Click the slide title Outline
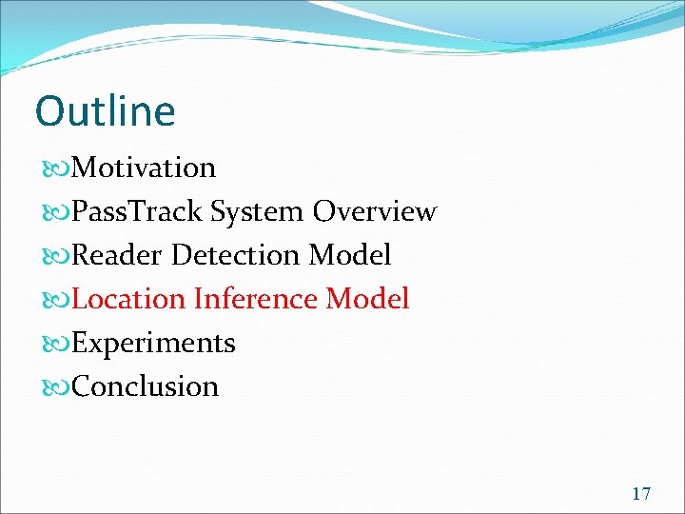105,111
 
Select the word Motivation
144,168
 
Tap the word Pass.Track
138,212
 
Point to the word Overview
375,212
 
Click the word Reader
112,256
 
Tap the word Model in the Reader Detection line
350,256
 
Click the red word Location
128,300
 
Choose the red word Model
367,300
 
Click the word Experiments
153,344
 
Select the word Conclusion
145,387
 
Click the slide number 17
641,493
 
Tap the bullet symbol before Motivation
55,169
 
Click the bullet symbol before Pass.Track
55,213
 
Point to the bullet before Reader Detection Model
55,257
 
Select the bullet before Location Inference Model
55,301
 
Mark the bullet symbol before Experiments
55,345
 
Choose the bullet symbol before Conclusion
55,388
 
